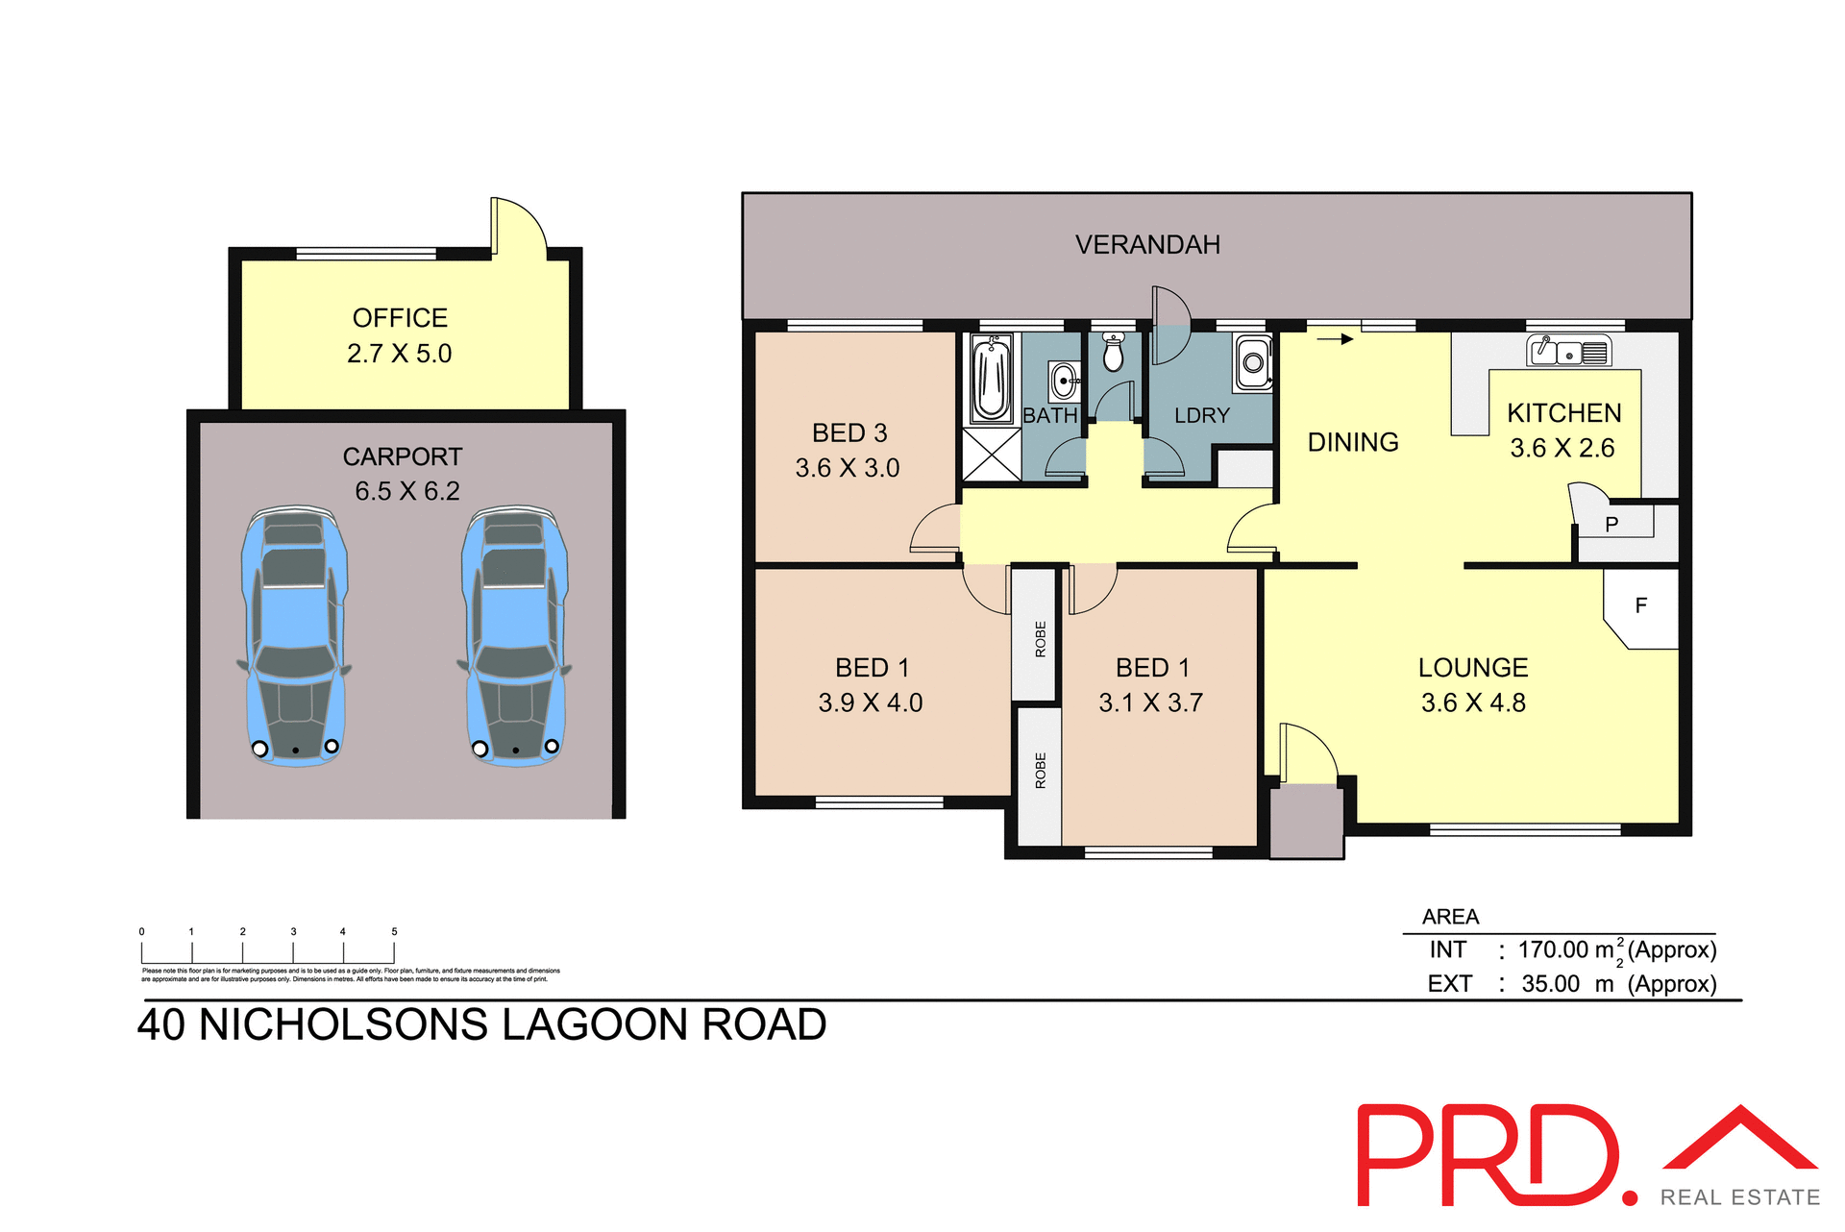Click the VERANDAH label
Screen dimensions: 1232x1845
coord(1147,245)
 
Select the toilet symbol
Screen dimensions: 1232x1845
coord(1113,353)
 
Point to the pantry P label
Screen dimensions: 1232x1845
coord(1611,524)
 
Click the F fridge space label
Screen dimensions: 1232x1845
coord(1640,605)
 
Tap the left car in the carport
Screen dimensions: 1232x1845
coord(294,634)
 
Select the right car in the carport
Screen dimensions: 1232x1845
coord(515,634)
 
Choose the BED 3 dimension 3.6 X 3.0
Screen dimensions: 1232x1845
coord(847,468)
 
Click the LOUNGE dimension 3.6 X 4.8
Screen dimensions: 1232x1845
coord(1472,702)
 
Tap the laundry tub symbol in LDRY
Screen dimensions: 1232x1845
coord(1253,363)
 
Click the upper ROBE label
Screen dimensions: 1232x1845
coord(1040,638)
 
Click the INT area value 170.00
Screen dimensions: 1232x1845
coord(1553,950)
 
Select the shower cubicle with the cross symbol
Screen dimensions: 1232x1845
coord(992,455)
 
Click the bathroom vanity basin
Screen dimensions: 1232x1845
coord(1064,381)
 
